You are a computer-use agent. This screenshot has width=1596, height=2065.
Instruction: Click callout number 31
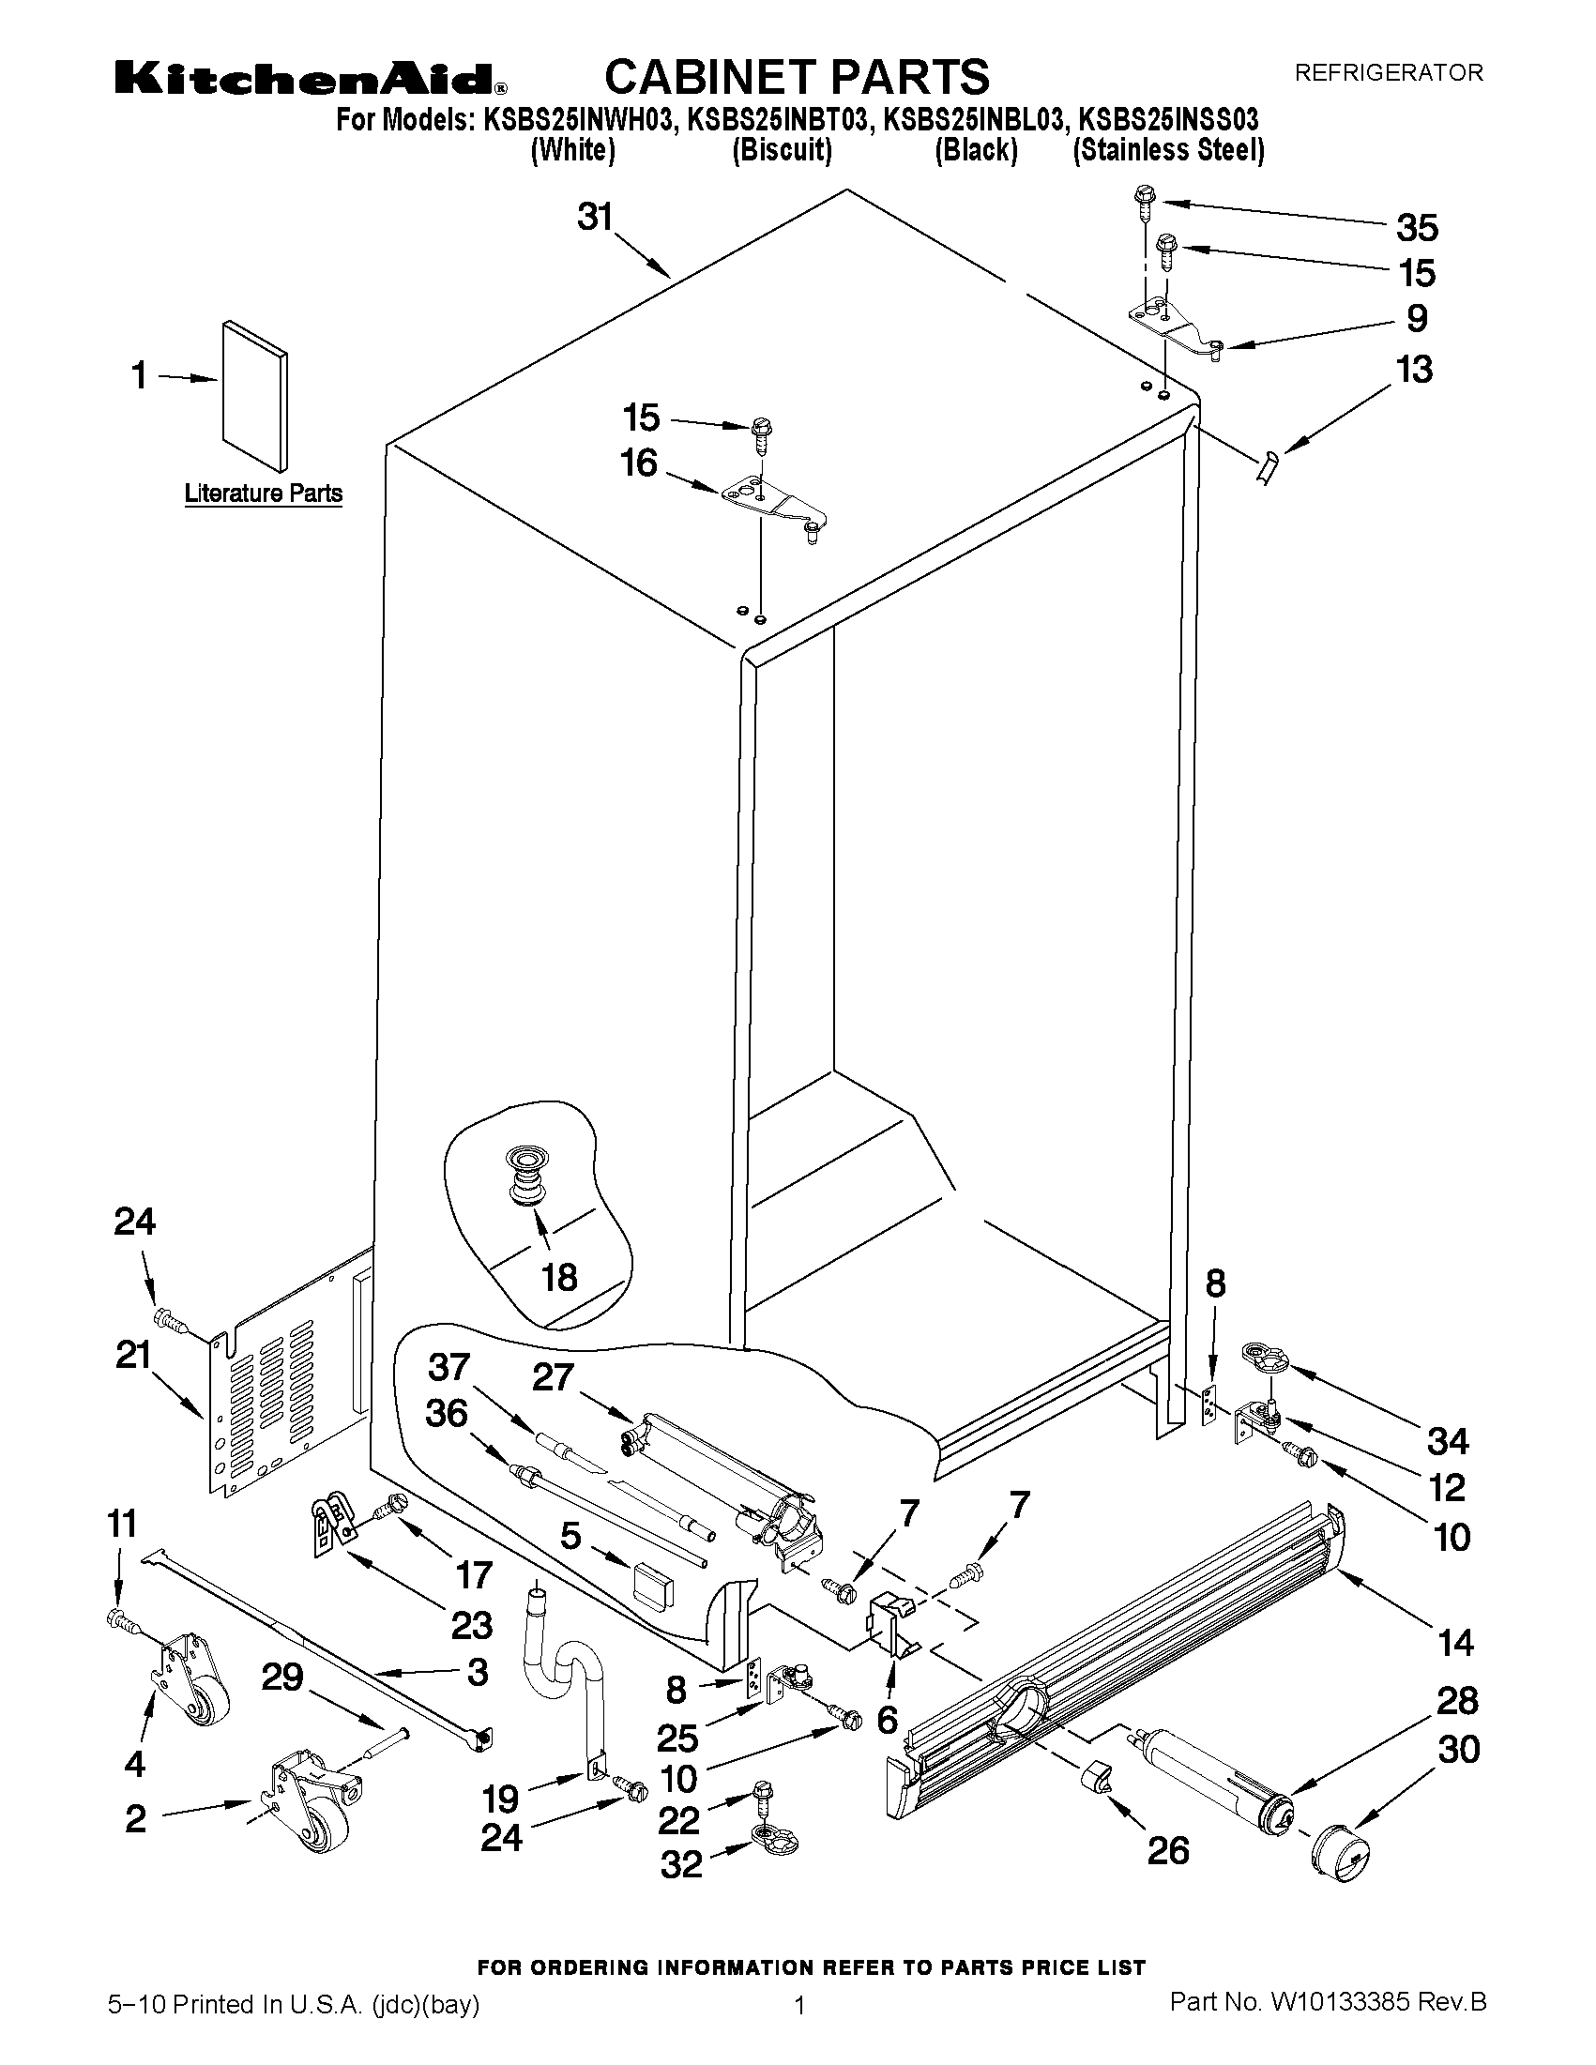click(596, 219)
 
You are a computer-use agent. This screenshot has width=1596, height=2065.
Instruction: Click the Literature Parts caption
click(263, 493)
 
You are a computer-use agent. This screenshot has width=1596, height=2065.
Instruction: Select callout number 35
click(1418, 228)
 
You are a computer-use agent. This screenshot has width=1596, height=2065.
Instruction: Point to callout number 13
click(1415, 370)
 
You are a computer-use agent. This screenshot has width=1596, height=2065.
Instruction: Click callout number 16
click(639, 463)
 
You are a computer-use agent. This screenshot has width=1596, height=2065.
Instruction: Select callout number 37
click(449, 1367)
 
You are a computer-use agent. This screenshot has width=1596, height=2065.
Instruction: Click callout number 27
click(554, 1376)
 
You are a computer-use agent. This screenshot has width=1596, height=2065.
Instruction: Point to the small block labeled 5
click(653, 1585)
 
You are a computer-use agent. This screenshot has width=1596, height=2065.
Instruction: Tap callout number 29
click(281, 1678)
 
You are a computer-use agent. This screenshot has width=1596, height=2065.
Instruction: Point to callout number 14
click(1455, 1643)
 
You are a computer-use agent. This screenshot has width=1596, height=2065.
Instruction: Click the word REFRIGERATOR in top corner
click(1388, 73)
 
